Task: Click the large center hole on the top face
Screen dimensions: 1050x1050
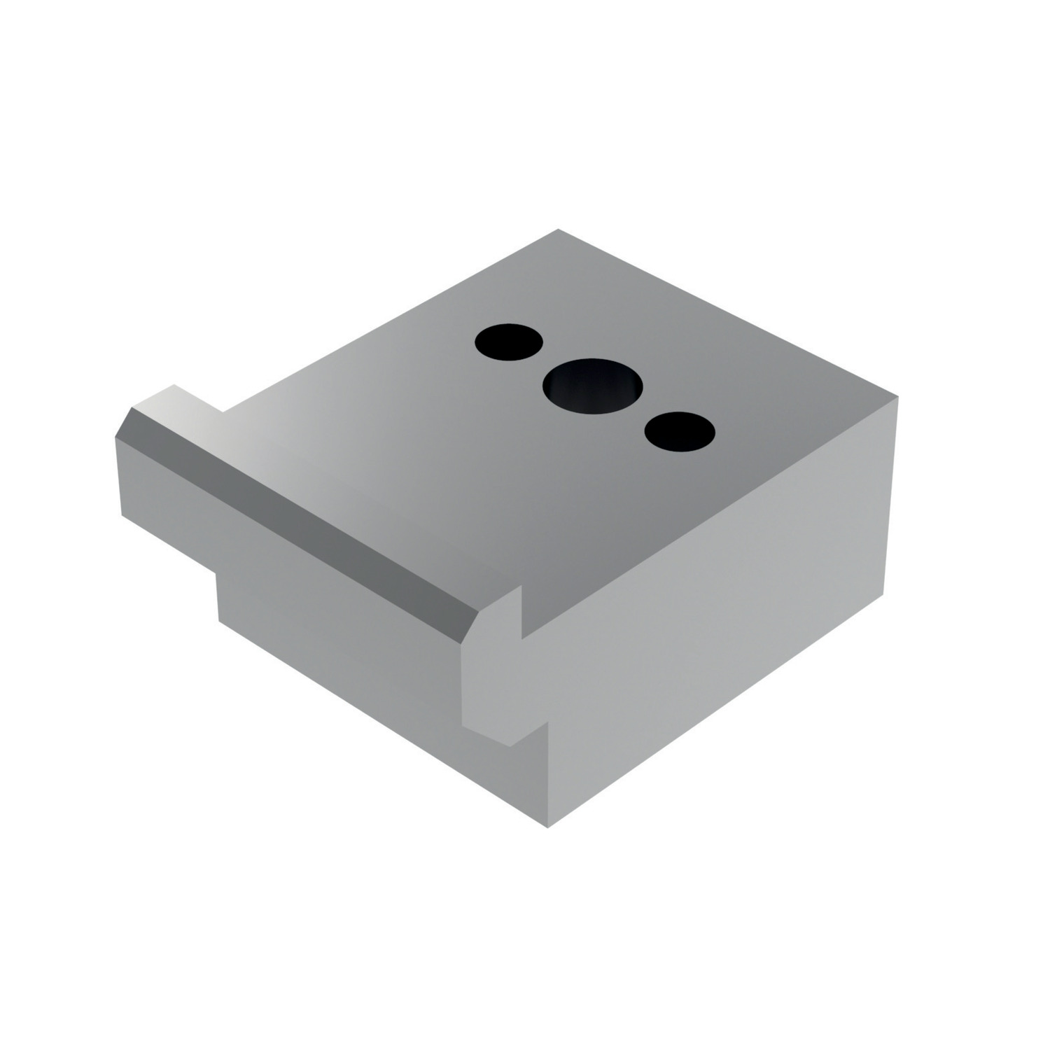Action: (x=593, y=386)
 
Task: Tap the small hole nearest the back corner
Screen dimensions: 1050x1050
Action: (x=509, y=342)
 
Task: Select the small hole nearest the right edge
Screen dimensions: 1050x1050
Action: (x=679, y=430)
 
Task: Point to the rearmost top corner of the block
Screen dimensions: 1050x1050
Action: (x=558, y=230)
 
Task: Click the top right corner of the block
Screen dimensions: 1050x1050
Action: (x=897, y=397)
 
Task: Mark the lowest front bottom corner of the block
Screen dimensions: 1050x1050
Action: (x=547, y=827)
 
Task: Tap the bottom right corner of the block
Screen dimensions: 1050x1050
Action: (x=884, y=594)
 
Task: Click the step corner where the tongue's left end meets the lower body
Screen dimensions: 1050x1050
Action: (x=218, y=574)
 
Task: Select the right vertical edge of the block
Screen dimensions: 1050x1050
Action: (x=891, y=497)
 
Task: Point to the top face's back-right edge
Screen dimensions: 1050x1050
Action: (x=728, y=313)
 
